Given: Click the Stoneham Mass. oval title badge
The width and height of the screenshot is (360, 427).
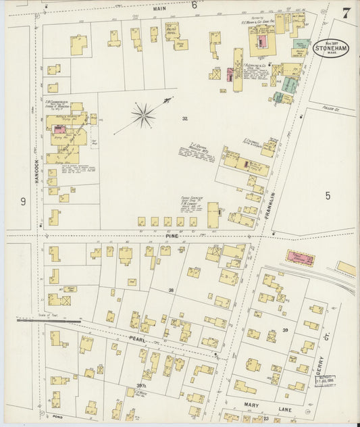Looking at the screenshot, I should (330, 48).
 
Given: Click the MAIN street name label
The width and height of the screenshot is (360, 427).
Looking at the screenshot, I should (159, 9).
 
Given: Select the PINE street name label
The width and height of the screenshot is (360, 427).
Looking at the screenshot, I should (171, 235).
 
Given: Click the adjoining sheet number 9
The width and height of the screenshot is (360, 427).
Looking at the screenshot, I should (22, 201).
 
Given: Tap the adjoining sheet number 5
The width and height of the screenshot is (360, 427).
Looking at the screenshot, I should (328, 196).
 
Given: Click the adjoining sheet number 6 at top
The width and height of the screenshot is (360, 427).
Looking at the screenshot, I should (194, 5).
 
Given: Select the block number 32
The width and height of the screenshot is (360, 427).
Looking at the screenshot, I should (184, 118).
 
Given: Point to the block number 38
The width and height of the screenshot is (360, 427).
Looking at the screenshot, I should (171, 290).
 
